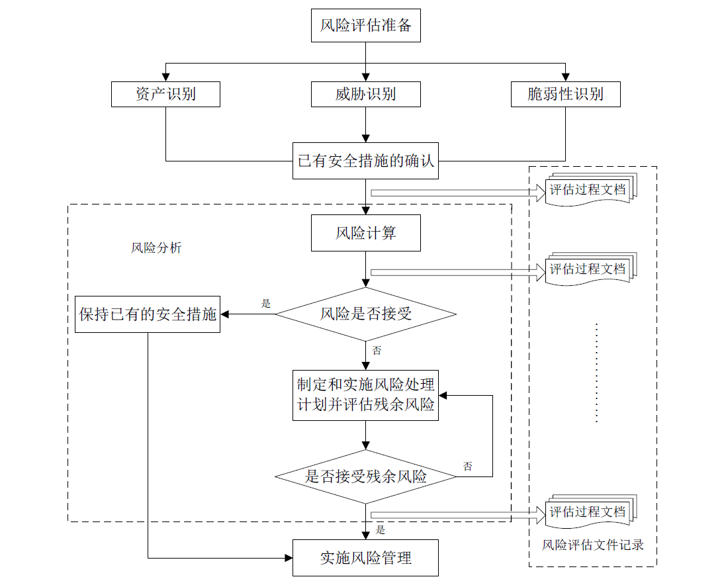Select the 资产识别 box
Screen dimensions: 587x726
coord(165,94)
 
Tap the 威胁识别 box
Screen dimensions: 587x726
coord(365,94)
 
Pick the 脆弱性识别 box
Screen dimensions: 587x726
coord(566,94)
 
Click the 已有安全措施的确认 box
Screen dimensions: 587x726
coord(365,161)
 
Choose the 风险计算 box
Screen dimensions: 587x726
coord(365,234)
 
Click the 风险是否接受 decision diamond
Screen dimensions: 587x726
coord(365,314)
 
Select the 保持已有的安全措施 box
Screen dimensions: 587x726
coord(148,314)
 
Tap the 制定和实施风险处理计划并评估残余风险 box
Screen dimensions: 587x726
coord(365,395)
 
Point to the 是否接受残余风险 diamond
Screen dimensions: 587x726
coord(365,476)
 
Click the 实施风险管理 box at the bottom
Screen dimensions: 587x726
coord(365,558)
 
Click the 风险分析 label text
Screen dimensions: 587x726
coord(156,248)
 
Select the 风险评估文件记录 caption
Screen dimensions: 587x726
coord(593,545)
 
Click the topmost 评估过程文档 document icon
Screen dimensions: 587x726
coord(589,191)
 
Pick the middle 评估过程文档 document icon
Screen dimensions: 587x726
coord(589,269)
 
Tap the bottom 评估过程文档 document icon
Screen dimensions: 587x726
coord(589,512)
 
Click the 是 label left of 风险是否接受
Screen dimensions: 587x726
coord(266,304)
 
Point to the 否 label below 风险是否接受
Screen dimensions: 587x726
coord(377,351)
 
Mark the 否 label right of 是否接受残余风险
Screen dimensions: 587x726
coord(467,467)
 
